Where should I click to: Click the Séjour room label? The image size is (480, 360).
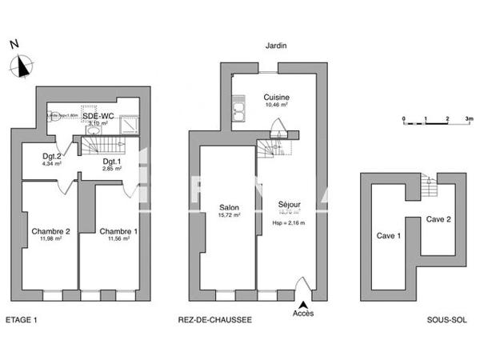289,205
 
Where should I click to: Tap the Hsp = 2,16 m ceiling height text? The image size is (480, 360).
289,223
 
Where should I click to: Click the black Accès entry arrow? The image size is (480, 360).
303,304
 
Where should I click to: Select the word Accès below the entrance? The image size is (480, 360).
303,314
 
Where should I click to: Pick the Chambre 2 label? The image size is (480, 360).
51,232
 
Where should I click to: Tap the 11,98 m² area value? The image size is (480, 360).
51,241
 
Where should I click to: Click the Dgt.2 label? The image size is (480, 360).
52,156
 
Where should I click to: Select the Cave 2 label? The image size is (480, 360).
437,219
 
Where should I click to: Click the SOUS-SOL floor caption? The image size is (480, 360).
447,320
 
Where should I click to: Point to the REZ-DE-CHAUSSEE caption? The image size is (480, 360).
215,320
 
